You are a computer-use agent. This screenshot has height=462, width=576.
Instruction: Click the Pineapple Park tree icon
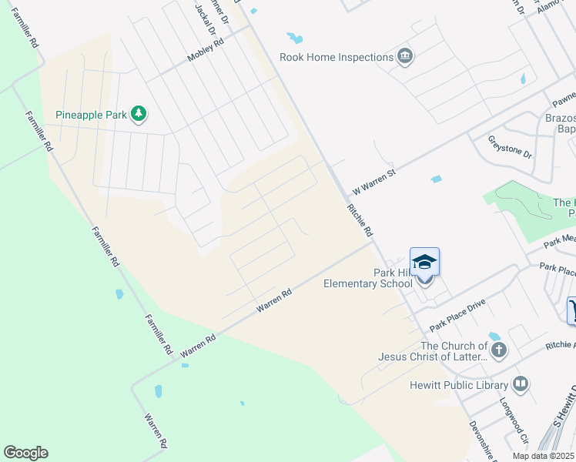pos(139,115)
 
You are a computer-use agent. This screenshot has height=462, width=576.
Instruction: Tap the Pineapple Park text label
pos(91,115)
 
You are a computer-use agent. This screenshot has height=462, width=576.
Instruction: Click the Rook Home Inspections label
pos(337,58)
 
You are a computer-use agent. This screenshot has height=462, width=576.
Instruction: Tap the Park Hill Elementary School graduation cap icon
pos(424,263)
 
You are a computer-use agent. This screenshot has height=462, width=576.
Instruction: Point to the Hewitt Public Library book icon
pos(521,383)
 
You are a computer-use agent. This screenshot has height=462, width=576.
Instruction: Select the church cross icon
pos(499,351)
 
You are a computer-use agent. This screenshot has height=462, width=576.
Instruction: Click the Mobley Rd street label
pos(206,51)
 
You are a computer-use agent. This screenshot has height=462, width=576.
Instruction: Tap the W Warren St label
pos(373,182)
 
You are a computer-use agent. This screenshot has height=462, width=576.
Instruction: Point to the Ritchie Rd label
pos(360,220)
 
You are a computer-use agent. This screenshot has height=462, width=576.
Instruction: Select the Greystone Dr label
pos(511,146)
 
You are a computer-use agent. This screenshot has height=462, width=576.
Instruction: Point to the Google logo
pos(25,453)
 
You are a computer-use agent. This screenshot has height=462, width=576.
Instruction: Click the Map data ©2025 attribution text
pos(544,456)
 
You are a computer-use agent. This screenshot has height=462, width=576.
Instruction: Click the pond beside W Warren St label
pos(437,179)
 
